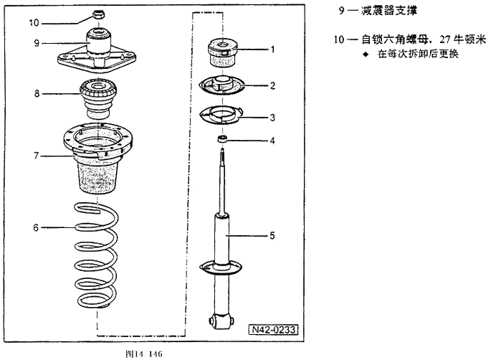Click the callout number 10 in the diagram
coord(34,22)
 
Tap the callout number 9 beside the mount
coord(36,43)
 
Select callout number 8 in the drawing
coord(36,93)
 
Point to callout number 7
coord(36,154)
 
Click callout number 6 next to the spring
coord(36,227)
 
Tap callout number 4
coord(272,141)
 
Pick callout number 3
coord(272,116)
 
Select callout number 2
coord(272,85)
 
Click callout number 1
coord(272,49)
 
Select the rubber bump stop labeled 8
coord(99,100)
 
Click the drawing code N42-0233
coord(274,331)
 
